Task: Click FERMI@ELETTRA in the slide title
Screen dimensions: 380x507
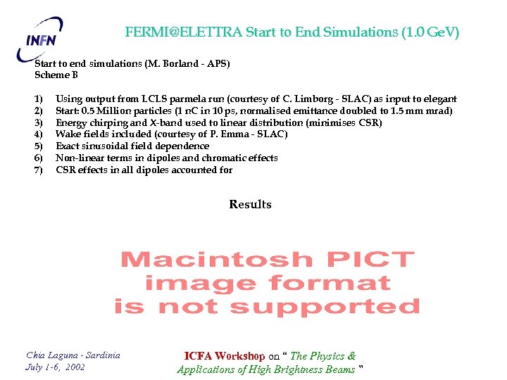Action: [183, 32]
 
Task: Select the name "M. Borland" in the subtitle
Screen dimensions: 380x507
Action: [170, 63]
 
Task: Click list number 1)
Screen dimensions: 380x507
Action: [39, 99]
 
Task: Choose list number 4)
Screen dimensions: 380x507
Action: [39, 134]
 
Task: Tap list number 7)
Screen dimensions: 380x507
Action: [39, 170]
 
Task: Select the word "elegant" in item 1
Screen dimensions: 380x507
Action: [440, 99]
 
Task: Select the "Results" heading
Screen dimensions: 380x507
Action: [250, 205]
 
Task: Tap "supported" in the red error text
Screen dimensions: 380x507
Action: [325, 308]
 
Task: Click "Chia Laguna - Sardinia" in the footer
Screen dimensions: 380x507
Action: [73, 355]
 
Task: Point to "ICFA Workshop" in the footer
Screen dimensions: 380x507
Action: [224, 356]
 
